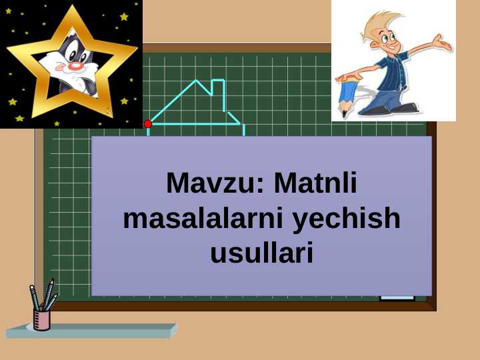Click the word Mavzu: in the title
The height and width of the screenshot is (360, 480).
point(215,183)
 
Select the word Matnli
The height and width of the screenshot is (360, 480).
point(315,183)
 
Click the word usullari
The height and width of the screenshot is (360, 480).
point(262,253)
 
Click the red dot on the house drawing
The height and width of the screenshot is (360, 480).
point(148,124)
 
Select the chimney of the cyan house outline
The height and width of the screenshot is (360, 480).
point(219,95)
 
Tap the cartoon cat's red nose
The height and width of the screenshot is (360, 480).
point(74,67)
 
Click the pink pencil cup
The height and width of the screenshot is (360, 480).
point(41,320)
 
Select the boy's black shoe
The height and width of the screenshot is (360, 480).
point(405,108)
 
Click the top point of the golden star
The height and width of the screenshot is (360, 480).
point(72,5)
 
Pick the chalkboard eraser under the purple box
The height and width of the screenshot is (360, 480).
point(397,298)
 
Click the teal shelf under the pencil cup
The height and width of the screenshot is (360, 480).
point(92,331)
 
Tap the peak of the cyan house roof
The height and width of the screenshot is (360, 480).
point(196,80)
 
